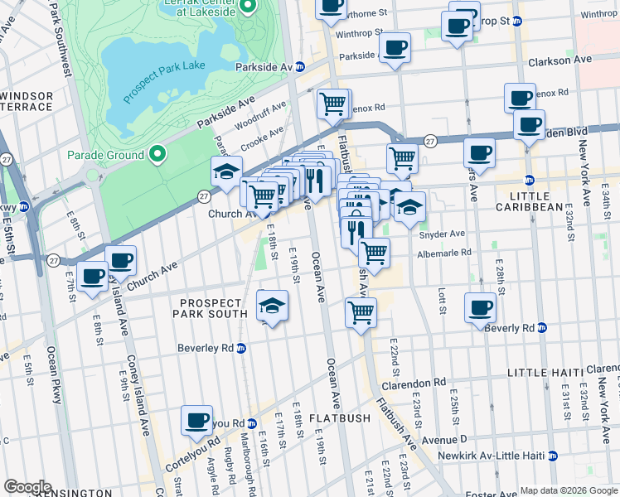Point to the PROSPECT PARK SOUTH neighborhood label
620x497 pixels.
(210, 307)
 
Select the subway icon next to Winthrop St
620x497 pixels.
(517, 21)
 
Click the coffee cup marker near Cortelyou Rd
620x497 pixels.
(197, 420)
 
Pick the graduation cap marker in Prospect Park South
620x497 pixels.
(272, 306)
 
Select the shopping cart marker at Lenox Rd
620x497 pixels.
(332, 104)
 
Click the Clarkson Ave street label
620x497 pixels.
(560, 60)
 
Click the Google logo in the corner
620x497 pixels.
(27, 487)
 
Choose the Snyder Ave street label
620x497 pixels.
(445, 234)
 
